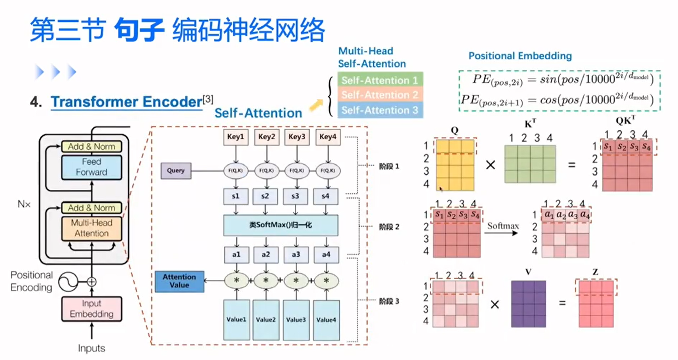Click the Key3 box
click(x=296, y=136)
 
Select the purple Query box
click(x=176, y=171)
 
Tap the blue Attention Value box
click(x=179, y=281)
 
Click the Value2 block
click(x=266, y=320)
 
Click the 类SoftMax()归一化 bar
click(x=281, y=226)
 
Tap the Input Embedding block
click(x=91, y=309)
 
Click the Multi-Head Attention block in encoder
click(x=92, y=228)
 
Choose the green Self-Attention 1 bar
click(x=380, y=80)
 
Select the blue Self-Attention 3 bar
click(x=380, y=110)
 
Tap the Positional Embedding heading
click(x=519, y=56)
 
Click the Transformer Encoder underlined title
click(x=126, y=102)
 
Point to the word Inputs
click(x=91, y=348)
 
